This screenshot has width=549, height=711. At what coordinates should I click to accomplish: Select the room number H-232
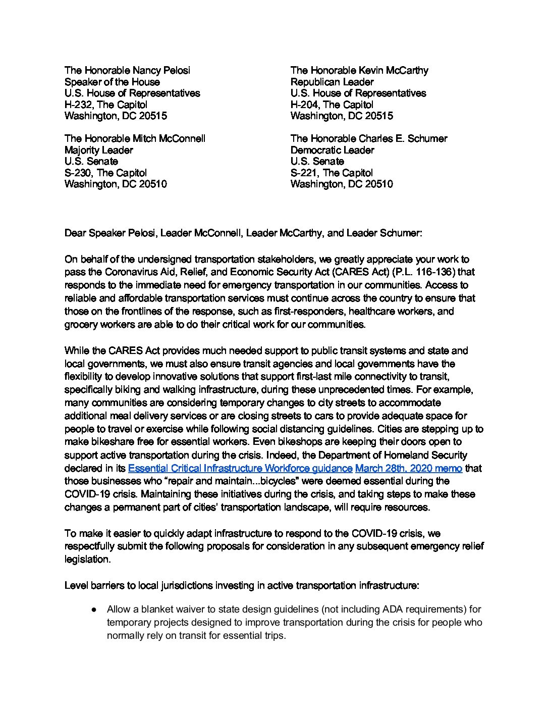coord(79,105)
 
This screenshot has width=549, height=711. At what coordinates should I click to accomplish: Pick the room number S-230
coord(78,173)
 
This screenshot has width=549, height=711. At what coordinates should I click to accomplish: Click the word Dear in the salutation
coord(75,233)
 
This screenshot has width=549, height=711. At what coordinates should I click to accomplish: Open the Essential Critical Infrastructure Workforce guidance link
coord(240,469)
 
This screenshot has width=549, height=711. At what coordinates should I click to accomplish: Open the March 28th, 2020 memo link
coord(408,469)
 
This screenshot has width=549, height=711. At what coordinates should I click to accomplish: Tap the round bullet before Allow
coord(94,610)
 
